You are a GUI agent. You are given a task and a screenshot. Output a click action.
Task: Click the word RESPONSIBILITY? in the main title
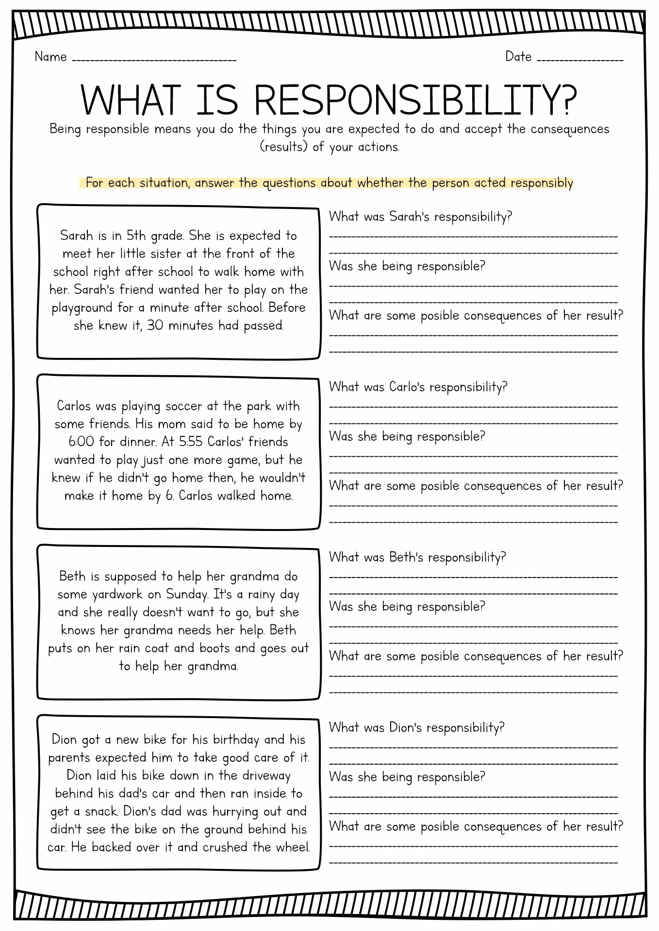point(416,100)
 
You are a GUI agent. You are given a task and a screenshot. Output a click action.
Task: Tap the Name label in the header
point(50,57)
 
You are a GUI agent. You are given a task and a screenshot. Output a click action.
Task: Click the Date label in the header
point(518,57)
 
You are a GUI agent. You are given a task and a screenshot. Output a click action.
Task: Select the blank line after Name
point(154,61)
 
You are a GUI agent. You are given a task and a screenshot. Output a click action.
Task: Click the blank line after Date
point(580,61)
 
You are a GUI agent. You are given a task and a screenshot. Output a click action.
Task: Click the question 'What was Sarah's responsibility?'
point(420,217)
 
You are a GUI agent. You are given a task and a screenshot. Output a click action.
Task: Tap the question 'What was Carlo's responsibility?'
point(418,387)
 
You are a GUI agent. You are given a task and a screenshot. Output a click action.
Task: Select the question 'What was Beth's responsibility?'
point(417,557)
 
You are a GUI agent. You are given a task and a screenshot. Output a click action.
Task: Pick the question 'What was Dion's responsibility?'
point(416,727)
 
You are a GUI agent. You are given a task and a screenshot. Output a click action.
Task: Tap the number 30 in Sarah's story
point(155,326)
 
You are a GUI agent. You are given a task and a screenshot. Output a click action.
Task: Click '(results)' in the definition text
point(284,147)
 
